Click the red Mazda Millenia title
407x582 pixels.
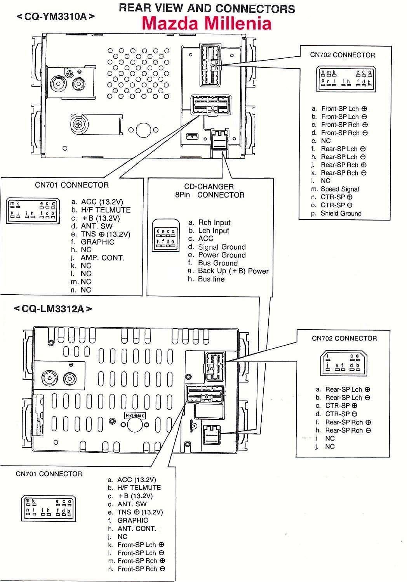point(206,24)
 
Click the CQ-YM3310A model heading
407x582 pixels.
point(56,17)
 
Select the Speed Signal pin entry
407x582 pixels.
point(339,189)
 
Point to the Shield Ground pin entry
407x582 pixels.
point(341,213)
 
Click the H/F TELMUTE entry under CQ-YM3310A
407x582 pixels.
point(106,210)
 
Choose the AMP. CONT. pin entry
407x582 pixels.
point(103,258)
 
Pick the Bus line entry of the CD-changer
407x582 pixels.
point(211,279)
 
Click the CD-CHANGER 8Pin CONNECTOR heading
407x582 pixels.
point(209,191)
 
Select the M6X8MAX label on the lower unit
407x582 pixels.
point(134,416)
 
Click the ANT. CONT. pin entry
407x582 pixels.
point(137,528)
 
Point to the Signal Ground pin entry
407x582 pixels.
point(222,247)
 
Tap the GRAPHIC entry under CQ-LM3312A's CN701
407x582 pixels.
point(133,520)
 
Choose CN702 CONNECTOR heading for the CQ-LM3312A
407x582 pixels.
point(344,338)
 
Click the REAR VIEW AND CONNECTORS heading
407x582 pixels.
point(207,8)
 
